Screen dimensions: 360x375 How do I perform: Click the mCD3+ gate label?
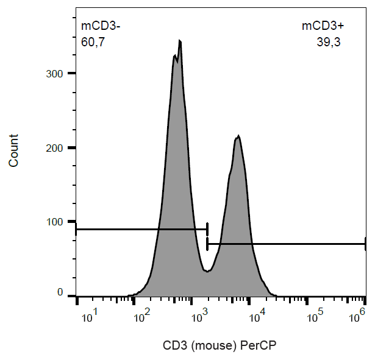tap(323, 26)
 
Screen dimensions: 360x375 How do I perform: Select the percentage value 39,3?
tap(328, 42)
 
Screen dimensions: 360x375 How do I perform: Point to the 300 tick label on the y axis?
tap(56, 74)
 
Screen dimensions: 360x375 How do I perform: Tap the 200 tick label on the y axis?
tap(56, 147)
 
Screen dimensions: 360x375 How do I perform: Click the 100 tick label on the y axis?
tap(56, 222)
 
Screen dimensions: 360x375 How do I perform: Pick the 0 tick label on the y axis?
tap(60, 294)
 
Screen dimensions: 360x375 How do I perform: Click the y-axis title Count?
tap(13, 151)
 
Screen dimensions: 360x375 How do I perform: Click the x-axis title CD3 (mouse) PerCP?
tap(220, 345)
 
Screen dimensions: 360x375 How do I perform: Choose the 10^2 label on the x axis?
tap(144, 316)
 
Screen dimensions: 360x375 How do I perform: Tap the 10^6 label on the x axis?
tap(360, 316)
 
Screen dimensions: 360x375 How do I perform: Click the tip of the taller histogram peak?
tap(180, 41)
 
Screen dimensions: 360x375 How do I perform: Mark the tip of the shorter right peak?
tap(238, 136)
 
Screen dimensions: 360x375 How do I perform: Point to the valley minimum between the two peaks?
tap(207, 271)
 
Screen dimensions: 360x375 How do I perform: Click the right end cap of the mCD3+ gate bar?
tap(365, 244)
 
